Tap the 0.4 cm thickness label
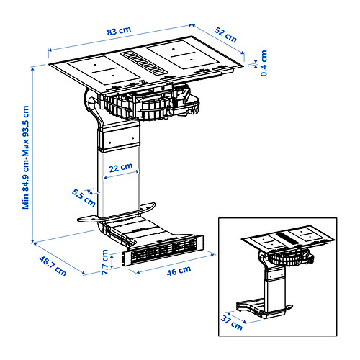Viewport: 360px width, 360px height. tap(264, 63)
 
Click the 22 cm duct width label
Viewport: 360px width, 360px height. tap(120, 166)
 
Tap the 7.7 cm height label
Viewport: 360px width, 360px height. tap(105, 262)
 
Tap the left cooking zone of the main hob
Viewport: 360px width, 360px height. tap(101, 68)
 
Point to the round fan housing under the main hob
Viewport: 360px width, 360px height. tap(137, 107)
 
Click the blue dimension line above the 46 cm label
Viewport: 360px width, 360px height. tap(173, 264)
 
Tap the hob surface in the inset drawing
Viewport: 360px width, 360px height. tap(288, 238)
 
